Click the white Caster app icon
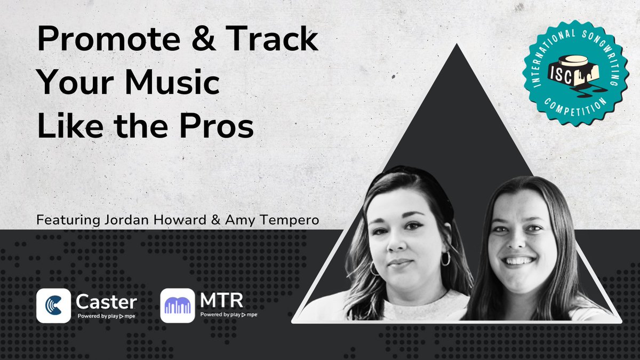point(53,306)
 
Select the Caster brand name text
point(107,302)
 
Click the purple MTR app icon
point(178,306)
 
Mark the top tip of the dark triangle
point(457,46)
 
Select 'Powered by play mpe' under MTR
point(228,315)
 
